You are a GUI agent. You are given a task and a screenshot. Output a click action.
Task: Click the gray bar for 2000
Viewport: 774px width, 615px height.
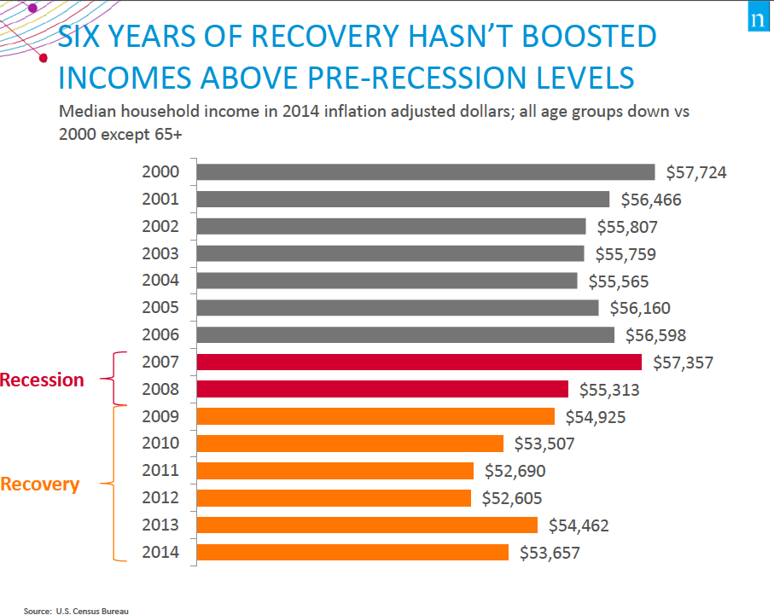(x=425, y=172)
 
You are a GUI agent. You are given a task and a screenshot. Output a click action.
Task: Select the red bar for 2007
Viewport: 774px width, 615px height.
(x=418, y=363)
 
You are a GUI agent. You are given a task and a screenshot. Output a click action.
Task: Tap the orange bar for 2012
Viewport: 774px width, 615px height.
(x=333, y=498)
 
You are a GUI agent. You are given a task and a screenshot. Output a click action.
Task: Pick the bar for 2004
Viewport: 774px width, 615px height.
(x=387, y=281)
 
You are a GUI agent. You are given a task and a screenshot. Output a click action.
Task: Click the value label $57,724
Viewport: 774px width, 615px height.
(x=696, y=172)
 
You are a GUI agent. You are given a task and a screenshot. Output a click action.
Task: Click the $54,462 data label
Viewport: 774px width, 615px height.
(x=579, y=525)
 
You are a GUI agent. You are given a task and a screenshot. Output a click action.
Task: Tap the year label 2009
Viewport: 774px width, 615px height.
(x=160, y=416)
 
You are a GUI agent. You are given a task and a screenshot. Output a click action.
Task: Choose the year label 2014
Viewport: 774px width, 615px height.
(x=160, y=552)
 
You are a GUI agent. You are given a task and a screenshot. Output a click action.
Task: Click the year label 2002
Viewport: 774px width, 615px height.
(x=160, y=226)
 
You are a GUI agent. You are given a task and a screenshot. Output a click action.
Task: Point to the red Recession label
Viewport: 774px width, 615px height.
(x=42, y=380)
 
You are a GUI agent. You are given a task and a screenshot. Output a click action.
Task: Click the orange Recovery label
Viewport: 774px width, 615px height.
(x=39, y=484)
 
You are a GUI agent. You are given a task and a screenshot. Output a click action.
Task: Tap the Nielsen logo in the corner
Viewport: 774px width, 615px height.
(x=755, y=20)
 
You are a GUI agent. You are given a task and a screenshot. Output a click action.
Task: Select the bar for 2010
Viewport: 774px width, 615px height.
(x=350, y=444)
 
